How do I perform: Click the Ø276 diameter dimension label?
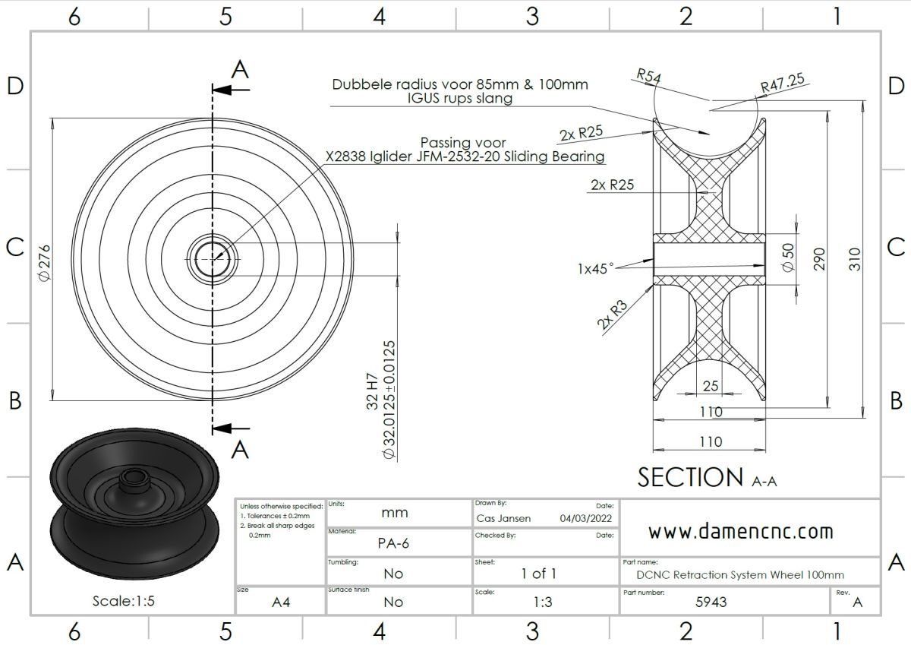point(44,262)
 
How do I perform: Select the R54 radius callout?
point(648,76)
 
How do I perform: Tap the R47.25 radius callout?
point(783,83)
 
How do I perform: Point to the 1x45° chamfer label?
point(595,269)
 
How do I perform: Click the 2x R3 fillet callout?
point(613,315)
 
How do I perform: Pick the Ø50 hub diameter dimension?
point(788,258)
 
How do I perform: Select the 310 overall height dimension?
point(855,259)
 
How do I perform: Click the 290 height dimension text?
point(819,259)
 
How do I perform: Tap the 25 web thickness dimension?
point(711,386)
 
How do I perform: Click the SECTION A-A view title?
point(707,477)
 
